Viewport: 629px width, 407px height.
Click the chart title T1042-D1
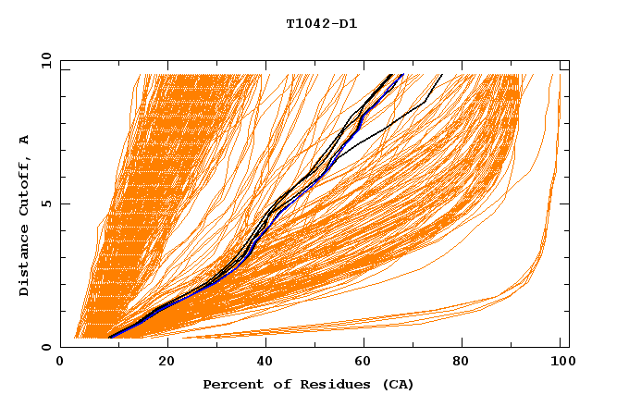[x=321, y=24]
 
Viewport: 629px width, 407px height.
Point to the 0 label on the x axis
[x=60, y=362]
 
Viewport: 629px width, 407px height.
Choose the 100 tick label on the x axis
[x=561, y=362]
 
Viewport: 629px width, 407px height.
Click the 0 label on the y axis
[x=45, y=347]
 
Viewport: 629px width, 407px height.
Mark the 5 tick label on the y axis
[x=45, y=203]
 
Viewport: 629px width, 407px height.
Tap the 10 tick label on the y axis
[x=43, y=60]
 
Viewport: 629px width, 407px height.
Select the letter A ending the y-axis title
[x=24, y=139]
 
